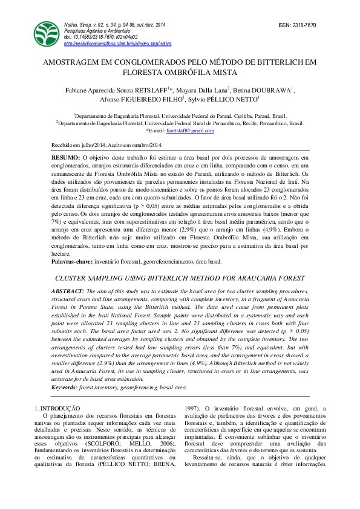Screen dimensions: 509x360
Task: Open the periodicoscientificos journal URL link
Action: (117, 44)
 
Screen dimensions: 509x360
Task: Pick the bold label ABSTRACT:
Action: (68, 291)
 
